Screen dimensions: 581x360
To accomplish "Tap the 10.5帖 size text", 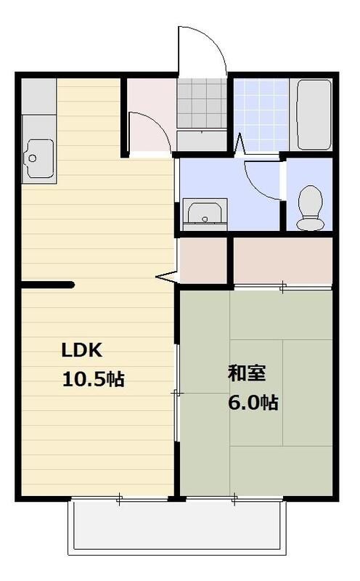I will [94, 378].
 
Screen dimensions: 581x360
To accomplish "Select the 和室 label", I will [247, 374].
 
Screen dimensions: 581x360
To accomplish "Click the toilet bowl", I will [311, 206].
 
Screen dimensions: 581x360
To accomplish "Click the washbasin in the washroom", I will [203, 213].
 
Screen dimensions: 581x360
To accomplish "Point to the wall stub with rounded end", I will [48, 285].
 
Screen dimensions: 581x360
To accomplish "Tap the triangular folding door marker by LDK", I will [167, 277].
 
